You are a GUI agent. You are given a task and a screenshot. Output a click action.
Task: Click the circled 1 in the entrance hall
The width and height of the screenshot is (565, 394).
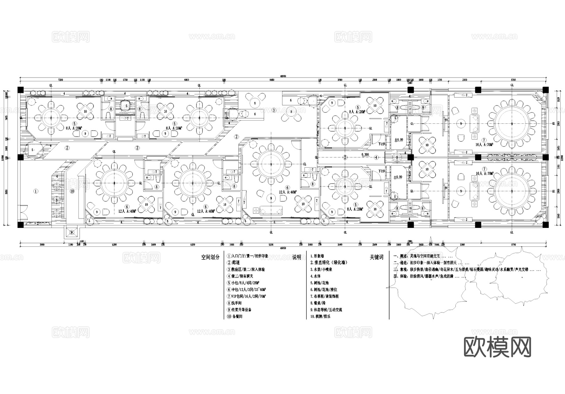[x=36, y=191]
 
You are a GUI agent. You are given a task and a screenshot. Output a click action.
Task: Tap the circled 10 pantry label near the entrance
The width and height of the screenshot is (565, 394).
[x=72, y=191]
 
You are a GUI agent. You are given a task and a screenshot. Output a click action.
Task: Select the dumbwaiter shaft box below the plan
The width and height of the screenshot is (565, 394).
[x=72, y=233]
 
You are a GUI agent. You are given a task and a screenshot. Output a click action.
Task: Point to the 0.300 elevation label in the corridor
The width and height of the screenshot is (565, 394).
[x=365, y=155]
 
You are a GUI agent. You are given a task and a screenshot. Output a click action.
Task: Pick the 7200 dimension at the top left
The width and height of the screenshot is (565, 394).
[x=61, y=80]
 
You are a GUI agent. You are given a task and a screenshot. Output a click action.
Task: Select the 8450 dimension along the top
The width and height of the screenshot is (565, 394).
[x=272, y=80]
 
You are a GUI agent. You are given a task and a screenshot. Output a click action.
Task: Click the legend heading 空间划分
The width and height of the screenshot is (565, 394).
[x=210, y=257]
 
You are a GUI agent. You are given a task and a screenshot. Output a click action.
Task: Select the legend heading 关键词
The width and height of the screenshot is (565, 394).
[x=376, y=257]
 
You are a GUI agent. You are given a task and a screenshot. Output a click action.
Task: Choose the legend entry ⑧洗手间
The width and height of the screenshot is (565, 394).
[x=235, y=303]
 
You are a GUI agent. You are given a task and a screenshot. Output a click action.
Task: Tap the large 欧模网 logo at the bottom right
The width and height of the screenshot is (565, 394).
[x=498, y=347]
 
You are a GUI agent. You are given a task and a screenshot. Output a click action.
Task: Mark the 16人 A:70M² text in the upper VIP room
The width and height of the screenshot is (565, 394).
[x=485, y=145]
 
